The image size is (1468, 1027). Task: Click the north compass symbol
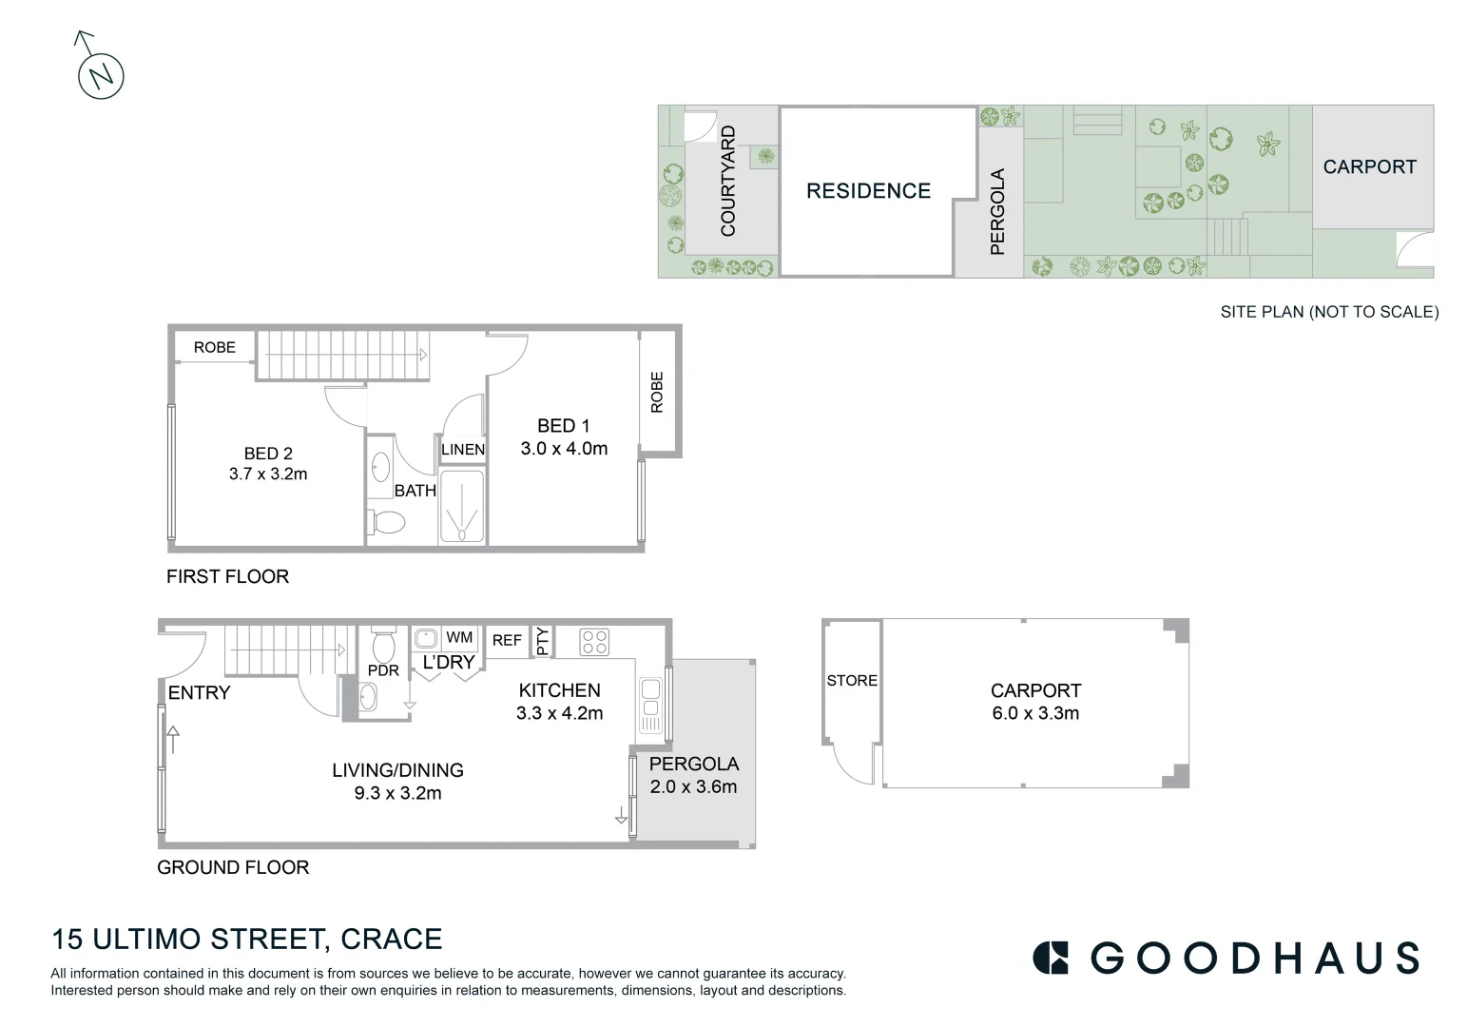tap(101, 75)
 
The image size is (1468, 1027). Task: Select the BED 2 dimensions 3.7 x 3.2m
tap(268, 474)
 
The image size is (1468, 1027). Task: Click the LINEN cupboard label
tap(463, 450)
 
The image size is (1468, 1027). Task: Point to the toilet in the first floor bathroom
tap(386, 522)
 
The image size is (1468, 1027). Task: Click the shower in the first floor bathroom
tap(462, 507)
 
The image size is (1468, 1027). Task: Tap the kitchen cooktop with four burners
tap(594, 642)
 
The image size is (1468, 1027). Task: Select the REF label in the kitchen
tap(507, 640)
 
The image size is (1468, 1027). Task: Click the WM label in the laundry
tap(459, 637)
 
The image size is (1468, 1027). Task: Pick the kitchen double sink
tap(651, 706)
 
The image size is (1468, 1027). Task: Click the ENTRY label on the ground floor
tap(199, 693)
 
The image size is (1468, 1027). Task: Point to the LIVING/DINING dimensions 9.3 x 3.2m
tap(397, 793)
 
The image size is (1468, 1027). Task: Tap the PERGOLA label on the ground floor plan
tap(694, 764)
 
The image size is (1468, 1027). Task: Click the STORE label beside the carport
tap(852, 681)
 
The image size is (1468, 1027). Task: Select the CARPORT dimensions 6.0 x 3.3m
tap(1035, 713)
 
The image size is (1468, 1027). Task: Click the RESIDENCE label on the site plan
tap(868, 191)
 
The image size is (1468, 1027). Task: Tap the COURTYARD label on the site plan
tap(728, 182)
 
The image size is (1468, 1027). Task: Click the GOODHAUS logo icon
tap(1051, 958)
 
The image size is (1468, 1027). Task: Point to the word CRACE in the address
tap(391, 940)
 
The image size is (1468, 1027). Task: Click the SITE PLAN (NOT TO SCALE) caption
tap(1329, 312)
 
